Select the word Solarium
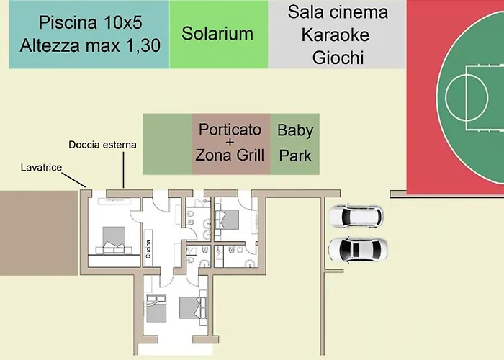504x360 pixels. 217,33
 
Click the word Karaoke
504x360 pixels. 338,34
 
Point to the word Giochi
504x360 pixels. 338,57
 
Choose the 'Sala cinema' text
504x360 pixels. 338,12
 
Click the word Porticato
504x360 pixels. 230,131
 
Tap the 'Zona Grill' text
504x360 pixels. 230,155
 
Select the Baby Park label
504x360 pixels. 294,143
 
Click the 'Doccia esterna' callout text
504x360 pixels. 103,145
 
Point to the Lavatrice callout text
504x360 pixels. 42,168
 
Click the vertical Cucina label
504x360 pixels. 149,248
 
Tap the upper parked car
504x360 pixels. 356,215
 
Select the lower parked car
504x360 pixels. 357,249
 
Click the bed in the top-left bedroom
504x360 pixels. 114,239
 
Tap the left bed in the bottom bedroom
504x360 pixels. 156,308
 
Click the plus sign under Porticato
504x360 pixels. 230,143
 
